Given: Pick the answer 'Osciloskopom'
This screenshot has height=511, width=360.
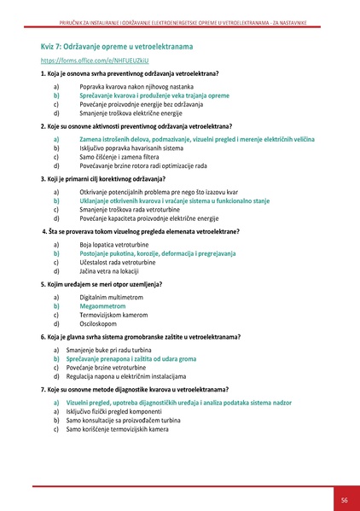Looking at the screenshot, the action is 100,323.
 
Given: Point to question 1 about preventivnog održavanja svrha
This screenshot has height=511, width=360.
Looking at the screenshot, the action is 129,75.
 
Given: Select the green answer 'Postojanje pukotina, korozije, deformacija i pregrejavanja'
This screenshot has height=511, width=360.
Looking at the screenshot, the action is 158,253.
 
